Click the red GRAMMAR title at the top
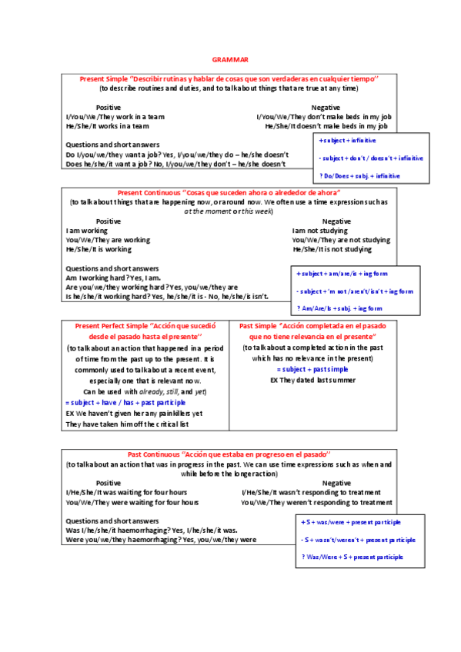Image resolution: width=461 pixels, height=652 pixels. [230, 59]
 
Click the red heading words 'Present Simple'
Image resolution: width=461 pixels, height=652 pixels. [103, 79]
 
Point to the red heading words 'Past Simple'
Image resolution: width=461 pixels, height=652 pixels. [260, 326]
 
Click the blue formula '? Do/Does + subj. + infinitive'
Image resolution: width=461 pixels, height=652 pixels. [349, 176]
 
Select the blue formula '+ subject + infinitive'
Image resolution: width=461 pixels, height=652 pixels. [337, 141]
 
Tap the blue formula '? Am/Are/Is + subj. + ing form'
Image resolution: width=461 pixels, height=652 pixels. [339, 308]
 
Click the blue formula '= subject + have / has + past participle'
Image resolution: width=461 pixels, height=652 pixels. [126, 402]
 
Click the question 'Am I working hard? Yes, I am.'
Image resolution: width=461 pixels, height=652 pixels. [114, 278]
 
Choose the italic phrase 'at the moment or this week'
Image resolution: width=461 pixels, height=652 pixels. [229, 211]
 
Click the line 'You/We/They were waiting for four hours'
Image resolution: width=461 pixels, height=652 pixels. [132, 502]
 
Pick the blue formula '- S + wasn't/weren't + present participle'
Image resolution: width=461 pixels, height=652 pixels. [359, 539]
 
